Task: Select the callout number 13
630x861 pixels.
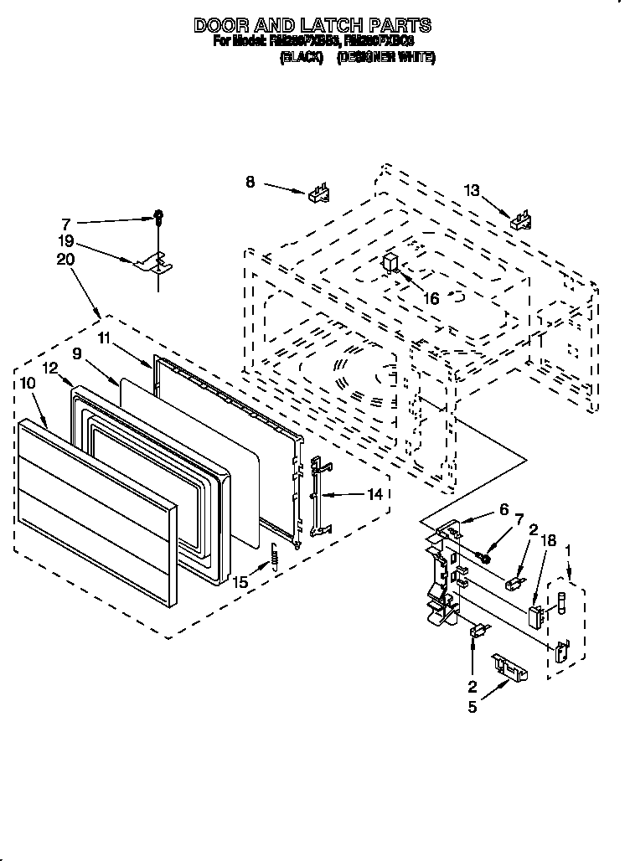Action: tap(472, 191)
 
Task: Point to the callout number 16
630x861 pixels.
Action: tap(431, 297)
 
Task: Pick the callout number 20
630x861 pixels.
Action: tap(66, 260)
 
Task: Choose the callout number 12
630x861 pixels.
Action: tap(50, 367)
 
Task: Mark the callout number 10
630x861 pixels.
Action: tap(27, 383)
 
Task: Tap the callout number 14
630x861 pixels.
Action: tap(374, 494)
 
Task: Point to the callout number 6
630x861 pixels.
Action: tap(503, 509)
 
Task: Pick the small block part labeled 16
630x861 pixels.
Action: tap(390, 263)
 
